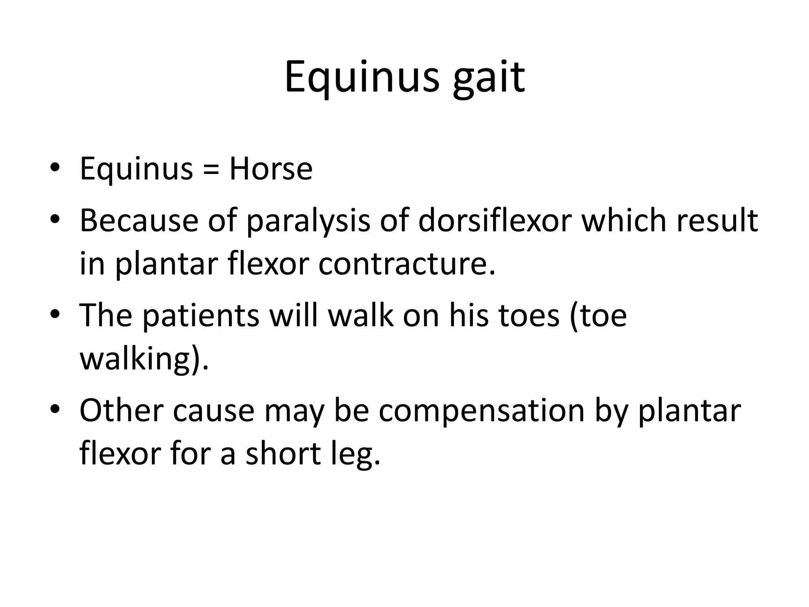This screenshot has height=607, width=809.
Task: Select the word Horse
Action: (271, 169)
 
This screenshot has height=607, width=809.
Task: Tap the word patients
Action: (201, 316)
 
